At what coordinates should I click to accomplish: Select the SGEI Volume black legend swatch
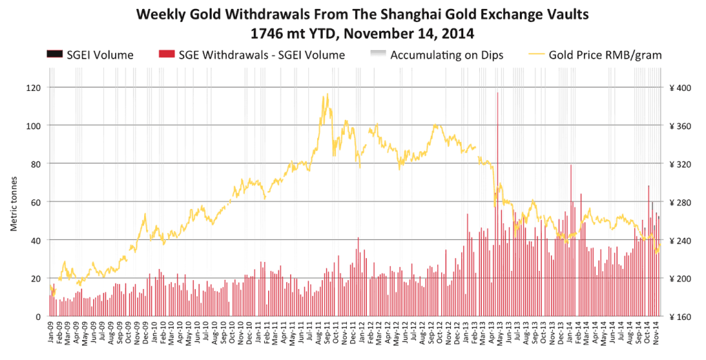54,54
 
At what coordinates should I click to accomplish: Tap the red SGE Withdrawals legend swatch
167,54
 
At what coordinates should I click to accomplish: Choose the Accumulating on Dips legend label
447,55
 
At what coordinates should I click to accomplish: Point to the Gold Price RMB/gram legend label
605,55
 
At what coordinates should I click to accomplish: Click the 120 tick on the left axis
34,88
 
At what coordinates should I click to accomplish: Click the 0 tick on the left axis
39,317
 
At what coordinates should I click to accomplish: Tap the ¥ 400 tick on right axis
680,88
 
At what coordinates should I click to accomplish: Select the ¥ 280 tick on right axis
680,202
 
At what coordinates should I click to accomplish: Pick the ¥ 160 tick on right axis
680,317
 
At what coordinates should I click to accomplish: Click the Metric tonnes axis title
14,203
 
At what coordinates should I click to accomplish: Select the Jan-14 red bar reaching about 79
571,240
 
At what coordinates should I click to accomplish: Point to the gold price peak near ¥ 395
327,94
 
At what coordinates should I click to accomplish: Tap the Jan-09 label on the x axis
51,332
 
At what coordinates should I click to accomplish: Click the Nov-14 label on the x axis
656,332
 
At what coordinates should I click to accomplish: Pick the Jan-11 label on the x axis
259,332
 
